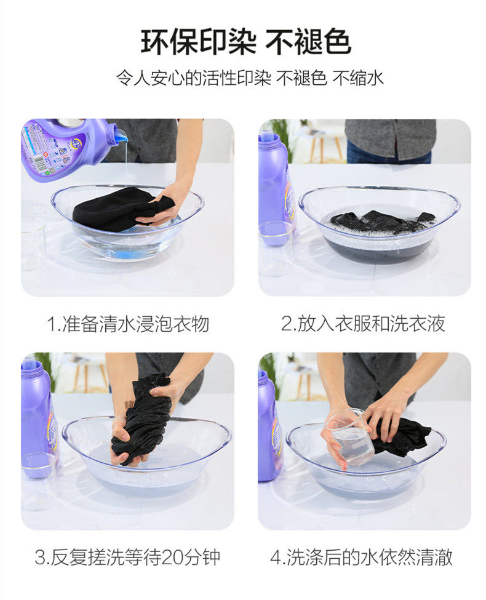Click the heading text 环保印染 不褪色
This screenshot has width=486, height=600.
pos(245,41)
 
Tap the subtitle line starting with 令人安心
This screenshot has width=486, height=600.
pos(250,78)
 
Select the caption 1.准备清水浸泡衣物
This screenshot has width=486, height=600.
pos(128,324)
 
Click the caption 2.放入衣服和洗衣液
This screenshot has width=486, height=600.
pos(363,323)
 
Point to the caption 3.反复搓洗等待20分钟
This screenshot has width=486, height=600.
pos(127,557)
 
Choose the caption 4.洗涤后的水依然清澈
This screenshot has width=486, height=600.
pos(361,557)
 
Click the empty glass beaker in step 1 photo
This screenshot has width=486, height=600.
pos(33,244)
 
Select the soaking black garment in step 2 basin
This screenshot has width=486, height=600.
pos(383,222)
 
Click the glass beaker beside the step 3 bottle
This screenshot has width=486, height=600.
pos(39,481)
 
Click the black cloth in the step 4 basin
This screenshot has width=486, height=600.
pos(400,436)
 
